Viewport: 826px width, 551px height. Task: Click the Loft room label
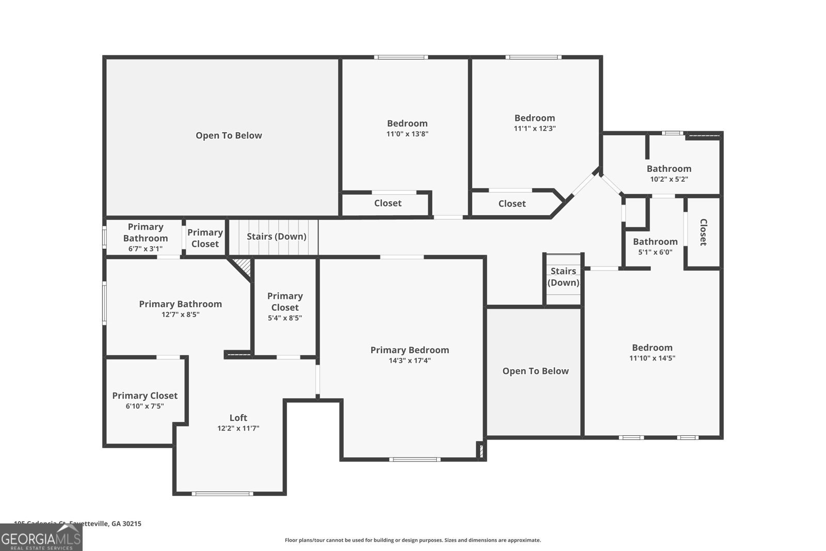[238, 418]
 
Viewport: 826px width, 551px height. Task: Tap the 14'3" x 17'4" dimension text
[410, 361]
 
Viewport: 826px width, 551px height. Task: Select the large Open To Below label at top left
[229, 136]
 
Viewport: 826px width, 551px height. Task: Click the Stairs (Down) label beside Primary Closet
[276, 237]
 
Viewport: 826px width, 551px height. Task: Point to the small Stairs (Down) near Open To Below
[563, 277]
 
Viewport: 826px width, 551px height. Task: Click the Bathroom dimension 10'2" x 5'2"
[669, 180]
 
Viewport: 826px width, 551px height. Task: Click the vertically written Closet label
[703, 232]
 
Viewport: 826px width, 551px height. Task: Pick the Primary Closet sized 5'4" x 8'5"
[285, 307]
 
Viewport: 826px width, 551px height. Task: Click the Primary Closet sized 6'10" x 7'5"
[145, 401]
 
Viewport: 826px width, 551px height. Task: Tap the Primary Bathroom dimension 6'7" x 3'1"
[145, 249]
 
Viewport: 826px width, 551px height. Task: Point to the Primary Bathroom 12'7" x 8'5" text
[180, 314]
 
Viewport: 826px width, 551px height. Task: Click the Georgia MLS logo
[41, 538]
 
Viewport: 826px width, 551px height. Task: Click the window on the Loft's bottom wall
[223, 494]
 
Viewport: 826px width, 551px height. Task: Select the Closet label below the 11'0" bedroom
[387, 203]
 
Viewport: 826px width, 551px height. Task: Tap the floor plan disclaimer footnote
[412, 540]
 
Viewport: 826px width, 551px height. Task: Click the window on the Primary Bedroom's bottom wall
[415, 459]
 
